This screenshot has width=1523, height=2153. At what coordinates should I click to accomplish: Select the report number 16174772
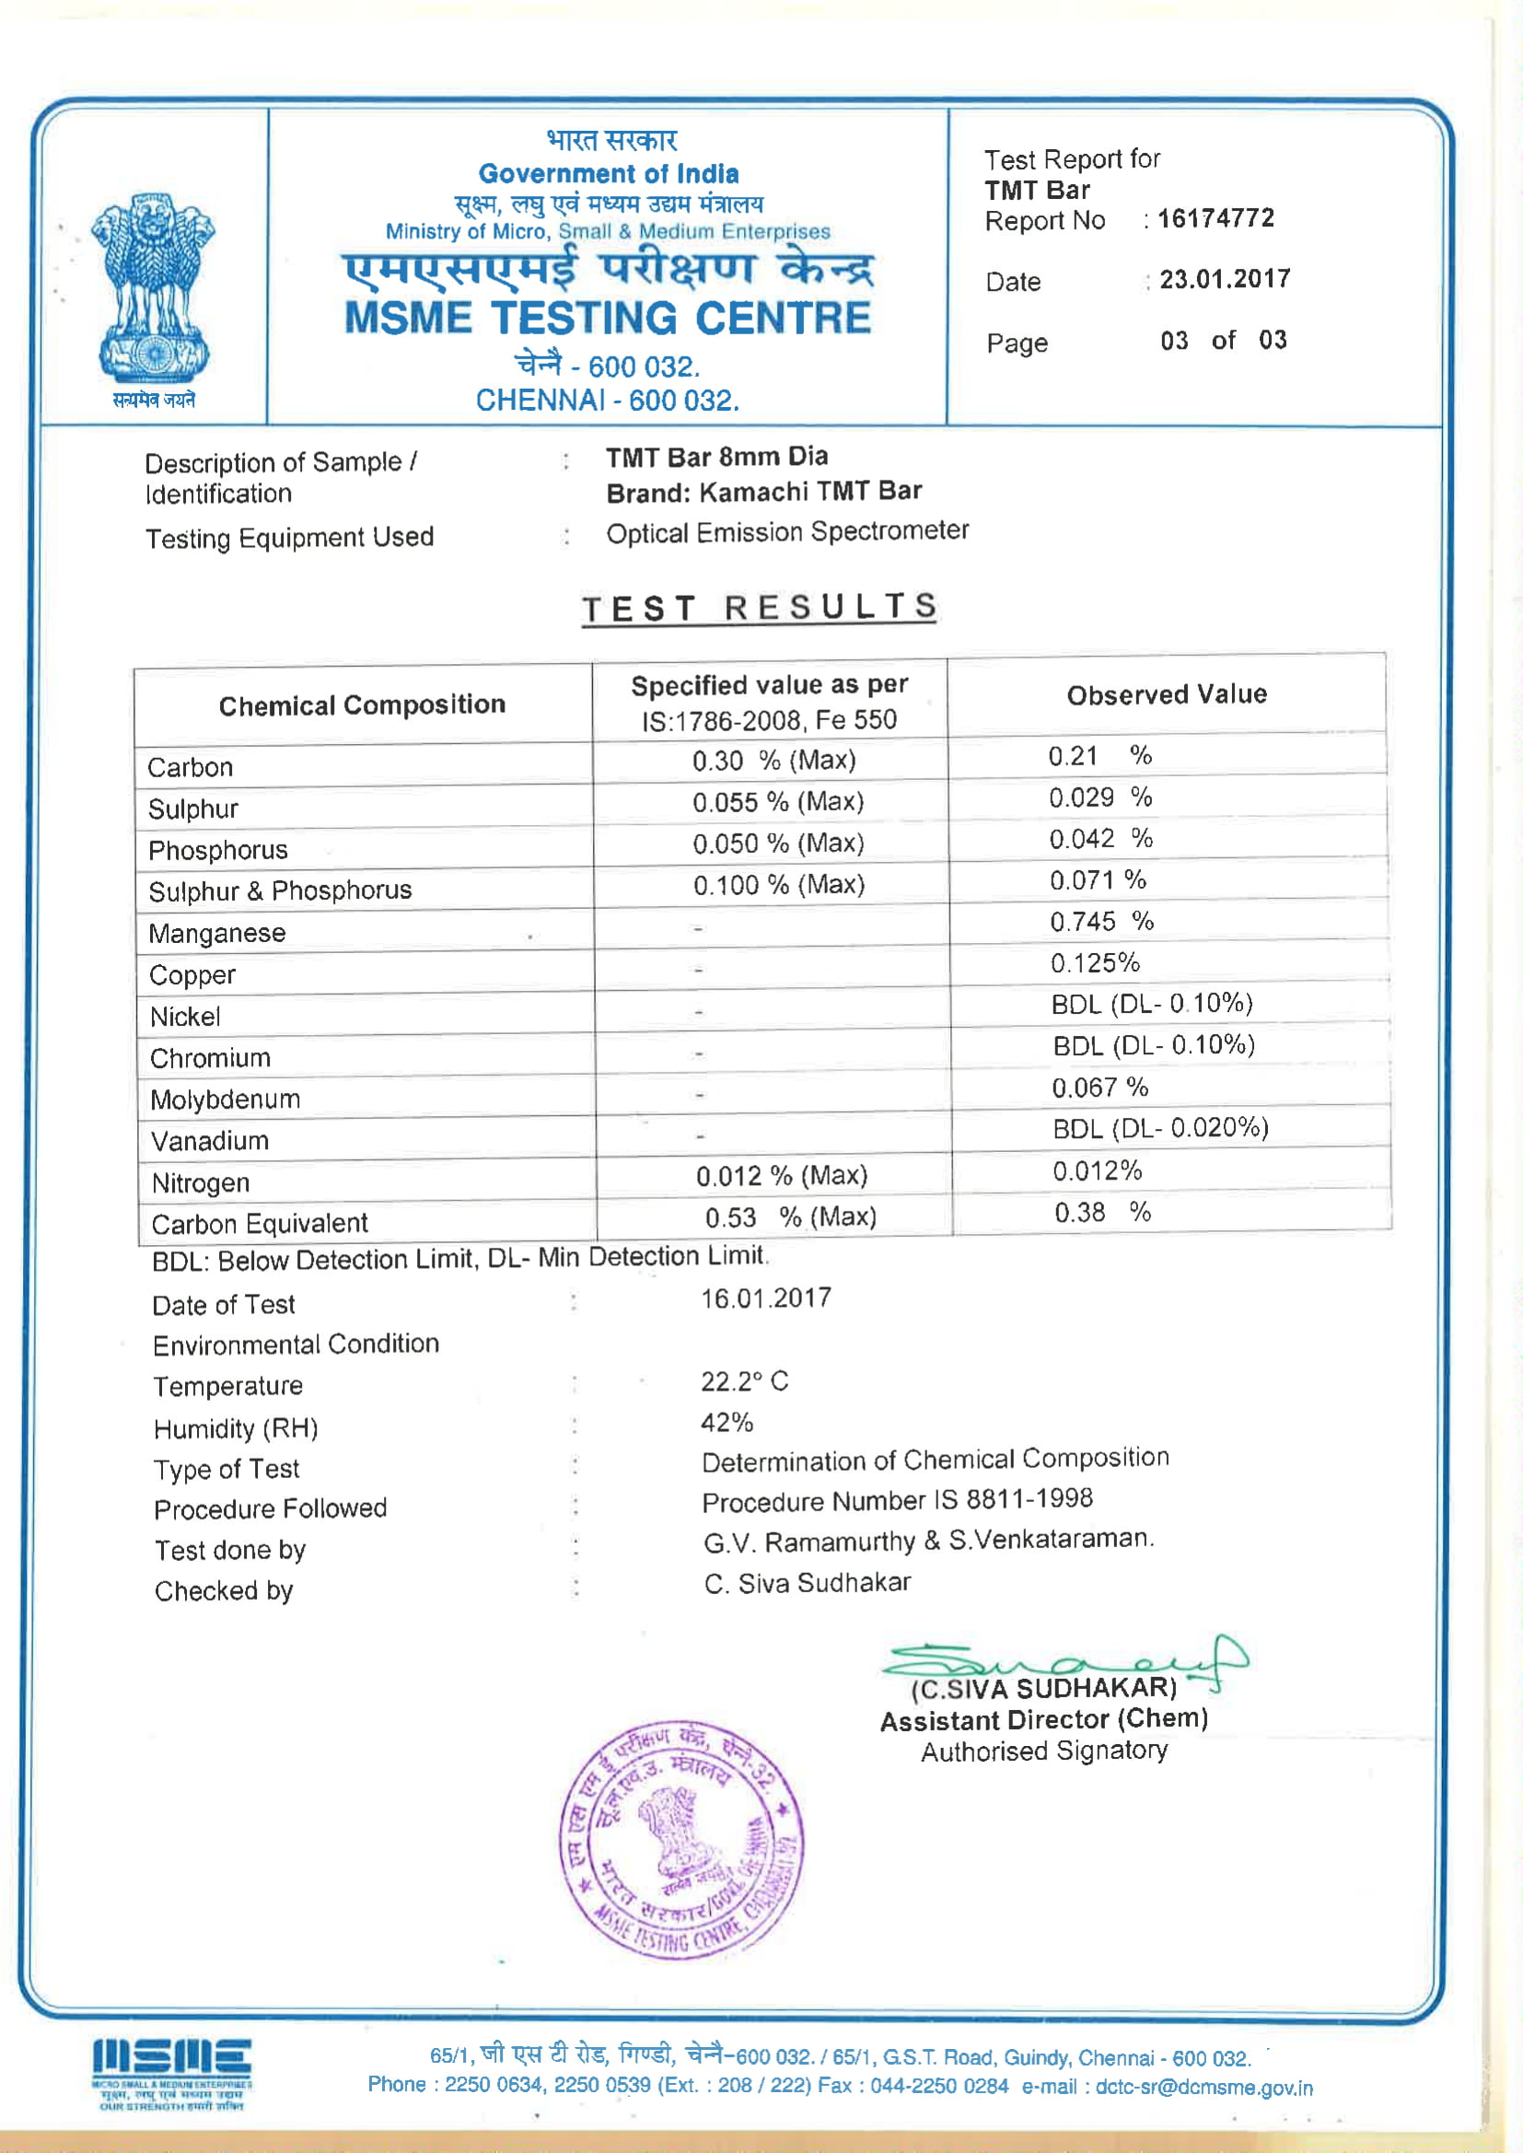(1215, 218)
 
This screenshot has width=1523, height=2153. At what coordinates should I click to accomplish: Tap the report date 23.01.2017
(1225, 279)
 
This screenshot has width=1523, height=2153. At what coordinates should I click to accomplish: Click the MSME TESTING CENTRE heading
(608, 318)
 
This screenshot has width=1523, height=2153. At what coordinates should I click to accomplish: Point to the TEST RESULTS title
(759, 608)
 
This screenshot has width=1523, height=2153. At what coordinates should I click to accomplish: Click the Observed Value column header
(1167, 695)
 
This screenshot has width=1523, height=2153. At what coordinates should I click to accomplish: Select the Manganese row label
(216, 933)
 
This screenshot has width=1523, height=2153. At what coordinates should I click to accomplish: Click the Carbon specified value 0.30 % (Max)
(773, 760)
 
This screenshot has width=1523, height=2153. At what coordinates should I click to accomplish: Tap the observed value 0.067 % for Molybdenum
(1099, 1087)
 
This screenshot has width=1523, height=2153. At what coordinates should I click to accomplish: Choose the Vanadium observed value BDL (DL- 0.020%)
(1160, 1128)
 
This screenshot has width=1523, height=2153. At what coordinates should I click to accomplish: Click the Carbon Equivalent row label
(260, 1224)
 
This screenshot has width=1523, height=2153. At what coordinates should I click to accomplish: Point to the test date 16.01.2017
(765, 1298)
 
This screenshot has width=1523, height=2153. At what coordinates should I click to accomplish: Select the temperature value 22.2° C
(744, 1381)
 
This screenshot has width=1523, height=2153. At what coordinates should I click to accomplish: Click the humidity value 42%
(727, 1423)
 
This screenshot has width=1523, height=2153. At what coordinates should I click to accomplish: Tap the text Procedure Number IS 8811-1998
(897, 1500)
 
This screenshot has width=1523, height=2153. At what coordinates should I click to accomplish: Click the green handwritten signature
(1064, 1662)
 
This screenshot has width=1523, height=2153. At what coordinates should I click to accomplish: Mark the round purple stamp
(680, 1840)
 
